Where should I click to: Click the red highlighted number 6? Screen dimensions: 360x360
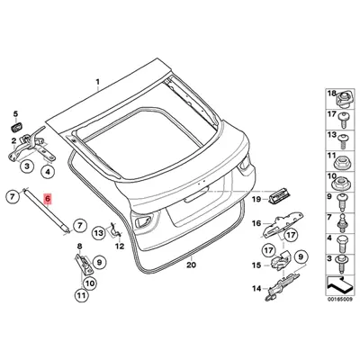[x=48, y=199]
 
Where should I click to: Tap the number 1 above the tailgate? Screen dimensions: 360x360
[x=97, y=73]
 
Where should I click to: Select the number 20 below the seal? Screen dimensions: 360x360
[x=191, y=265]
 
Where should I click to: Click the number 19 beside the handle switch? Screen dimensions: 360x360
[x=256, y=199]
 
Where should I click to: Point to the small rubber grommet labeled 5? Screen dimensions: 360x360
[x=15, y=128]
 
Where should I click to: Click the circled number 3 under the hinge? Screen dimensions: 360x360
[x=27, y=166]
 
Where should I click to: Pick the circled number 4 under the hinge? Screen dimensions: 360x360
[x=48, y=172]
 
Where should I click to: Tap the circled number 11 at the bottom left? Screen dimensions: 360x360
[x=81, y=296]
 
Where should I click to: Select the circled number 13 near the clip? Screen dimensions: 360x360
[x=99, y=232]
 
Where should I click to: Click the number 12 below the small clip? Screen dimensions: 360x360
[x=120, y=247]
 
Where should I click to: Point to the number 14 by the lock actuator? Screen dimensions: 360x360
[x=256, y=289]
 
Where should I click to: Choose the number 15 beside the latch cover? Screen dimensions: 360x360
[x=256, y=265]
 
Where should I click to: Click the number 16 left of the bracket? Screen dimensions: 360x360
[x=256, y=223]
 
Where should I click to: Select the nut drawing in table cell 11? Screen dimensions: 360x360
[x=341, y=162]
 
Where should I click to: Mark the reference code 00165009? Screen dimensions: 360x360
[x=340, y=300]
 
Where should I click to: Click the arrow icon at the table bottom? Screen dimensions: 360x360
[x=340, y=286]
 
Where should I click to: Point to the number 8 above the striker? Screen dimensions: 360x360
[x=79, y=247]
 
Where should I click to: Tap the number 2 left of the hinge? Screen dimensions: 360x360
[x=13, y=140]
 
